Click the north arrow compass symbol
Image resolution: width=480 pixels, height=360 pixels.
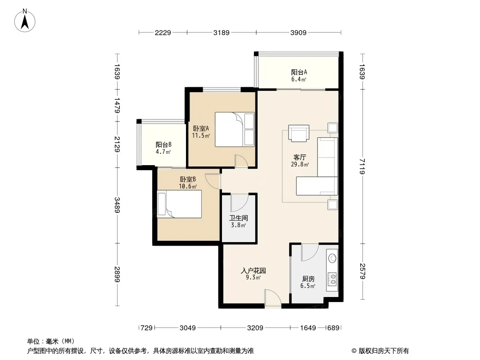tap(25, 21)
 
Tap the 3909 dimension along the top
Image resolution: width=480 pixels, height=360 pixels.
tap(298, 32)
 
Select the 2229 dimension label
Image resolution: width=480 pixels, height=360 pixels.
tap(163, 32)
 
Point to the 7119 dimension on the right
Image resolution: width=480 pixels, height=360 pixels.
tap(362, 166)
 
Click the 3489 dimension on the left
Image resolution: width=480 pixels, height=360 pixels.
tap(117, 205)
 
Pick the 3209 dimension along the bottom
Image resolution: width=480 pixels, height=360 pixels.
tap(255, 328)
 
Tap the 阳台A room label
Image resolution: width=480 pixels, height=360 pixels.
tap(299, 72)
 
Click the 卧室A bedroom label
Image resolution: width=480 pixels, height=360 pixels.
tap(201, 128)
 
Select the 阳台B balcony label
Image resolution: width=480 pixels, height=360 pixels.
tap(163, 144)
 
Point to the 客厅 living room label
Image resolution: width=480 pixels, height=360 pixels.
tap(300, 157)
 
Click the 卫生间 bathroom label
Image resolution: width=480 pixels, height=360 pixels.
tap(239, 218)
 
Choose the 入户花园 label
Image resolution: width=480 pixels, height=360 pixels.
tap(253, 271)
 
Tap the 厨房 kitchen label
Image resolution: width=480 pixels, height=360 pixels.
tap(308, 279)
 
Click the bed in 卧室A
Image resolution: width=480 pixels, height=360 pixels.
tap(235, 130)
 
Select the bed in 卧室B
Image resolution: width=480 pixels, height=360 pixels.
tap(179, 204)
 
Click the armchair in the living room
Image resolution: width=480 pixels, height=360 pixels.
tap(299, 133)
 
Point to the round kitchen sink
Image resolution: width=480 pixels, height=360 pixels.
tap(332, 258)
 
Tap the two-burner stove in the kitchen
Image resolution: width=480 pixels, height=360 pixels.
tap(332, 279)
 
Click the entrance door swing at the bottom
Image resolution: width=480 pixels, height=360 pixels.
tap(273, 298)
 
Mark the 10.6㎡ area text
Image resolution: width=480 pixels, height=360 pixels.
tap(188, 186)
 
